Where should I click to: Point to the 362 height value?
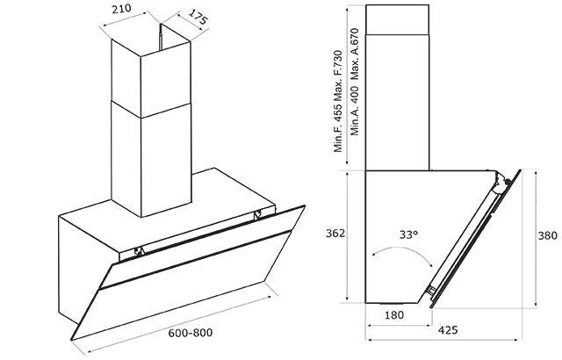point(334,234)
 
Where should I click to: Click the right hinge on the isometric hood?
point(256,213)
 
